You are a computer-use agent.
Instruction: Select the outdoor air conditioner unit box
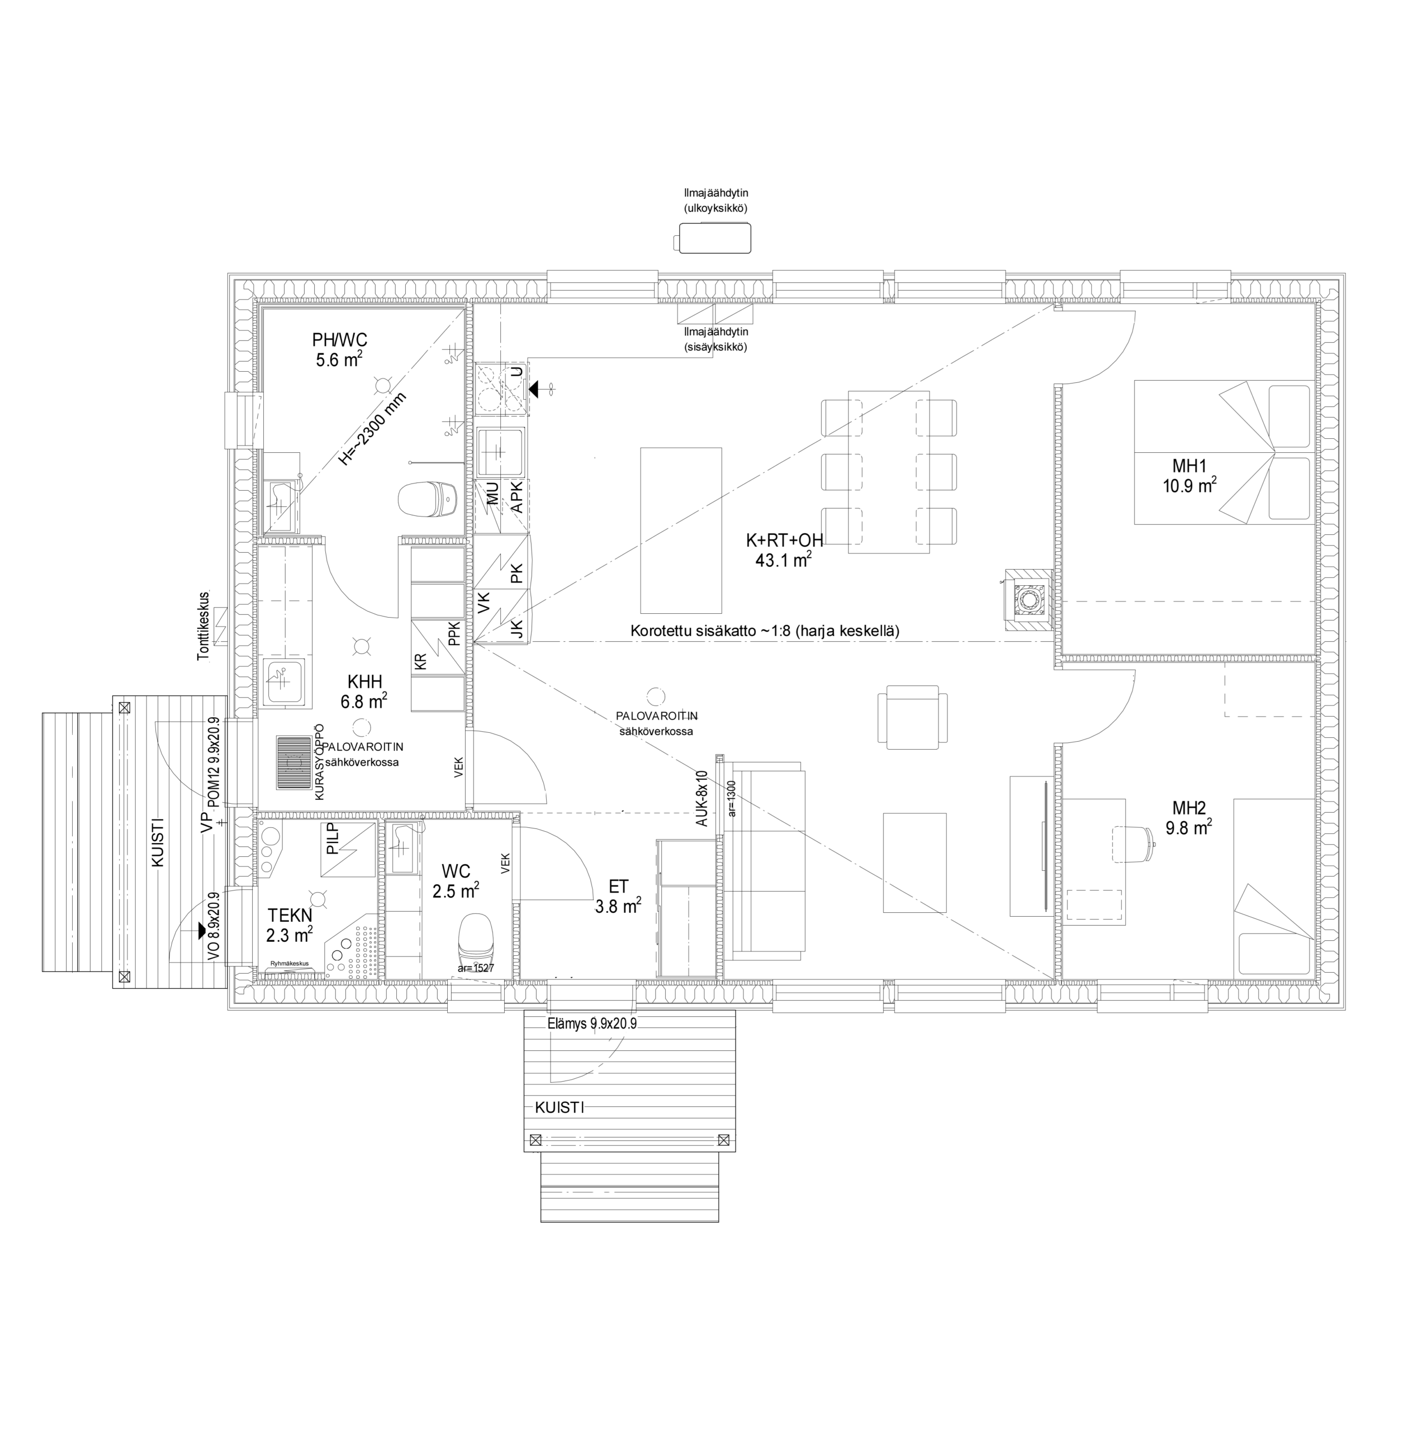point(713,239)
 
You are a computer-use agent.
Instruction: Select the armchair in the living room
point(912,717)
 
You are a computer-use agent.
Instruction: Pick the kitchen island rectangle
point(681,530)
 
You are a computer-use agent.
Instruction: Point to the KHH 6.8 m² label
point(364,690)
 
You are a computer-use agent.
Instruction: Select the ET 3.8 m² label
point(618,897)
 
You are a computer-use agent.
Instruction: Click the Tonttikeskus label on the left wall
point(203,626)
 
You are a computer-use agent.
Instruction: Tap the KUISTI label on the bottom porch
point(560,1107)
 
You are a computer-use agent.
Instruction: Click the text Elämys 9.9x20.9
point(593,1024)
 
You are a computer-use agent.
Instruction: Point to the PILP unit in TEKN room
point(348,850)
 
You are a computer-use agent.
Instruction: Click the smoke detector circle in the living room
point(655,695)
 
